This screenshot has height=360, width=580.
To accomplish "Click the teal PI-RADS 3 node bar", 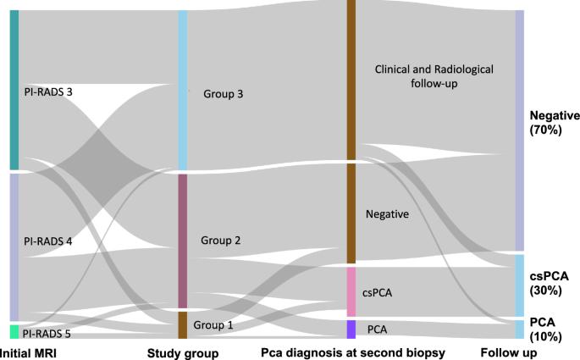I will (x=14, y=89).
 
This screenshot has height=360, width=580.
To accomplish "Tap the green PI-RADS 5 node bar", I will (x=14, y=332).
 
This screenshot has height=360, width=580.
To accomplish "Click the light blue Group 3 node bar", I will (x=182, y=90).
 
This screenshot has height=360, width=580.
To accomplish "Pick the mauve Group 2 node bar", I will (x=182, y=241).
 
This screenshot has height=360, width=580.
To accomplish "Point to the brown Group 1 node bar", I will (x=182, y=324).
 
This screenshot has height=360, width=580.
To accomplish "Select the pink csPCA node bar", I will (x=351, y=291).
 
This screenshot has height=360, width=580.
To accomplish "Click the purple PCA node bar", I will (x=351, y=329).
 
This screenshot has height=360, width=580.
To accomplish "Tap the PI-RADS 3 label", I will (x=47, y=91).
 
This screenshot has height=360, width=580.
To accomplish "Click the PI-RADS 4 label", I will (x=47, y=241).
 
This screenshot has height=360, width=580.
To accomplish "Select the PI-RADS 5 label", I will (x=47, y=334).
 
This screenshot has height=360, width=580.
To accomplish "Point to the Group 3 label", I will (x=223, y=94).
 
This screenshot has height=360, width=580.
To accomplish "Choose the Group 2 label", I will (x=221, y=241).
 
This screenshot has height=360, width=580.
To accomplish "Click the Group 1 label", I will (x=213, y=324).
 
